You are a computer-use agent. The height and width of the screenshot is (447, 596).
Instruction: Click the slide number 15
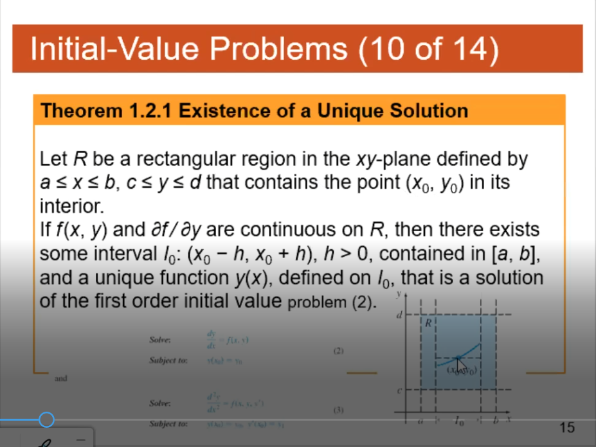click(x=566, y=427)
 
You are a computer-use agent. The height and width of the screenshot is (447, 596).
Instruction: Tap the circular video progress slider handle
click(x=46, y=420)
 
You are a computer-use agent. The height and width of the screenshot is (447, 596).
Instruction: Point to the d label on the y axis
click(x=399, y=317)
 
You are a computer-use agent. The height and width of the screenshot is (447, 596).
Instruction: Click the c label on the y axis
click(x=399, y=389)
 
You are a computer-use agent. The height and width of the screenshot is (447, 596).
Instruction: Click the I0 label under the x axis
click(x=458, y=421)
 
